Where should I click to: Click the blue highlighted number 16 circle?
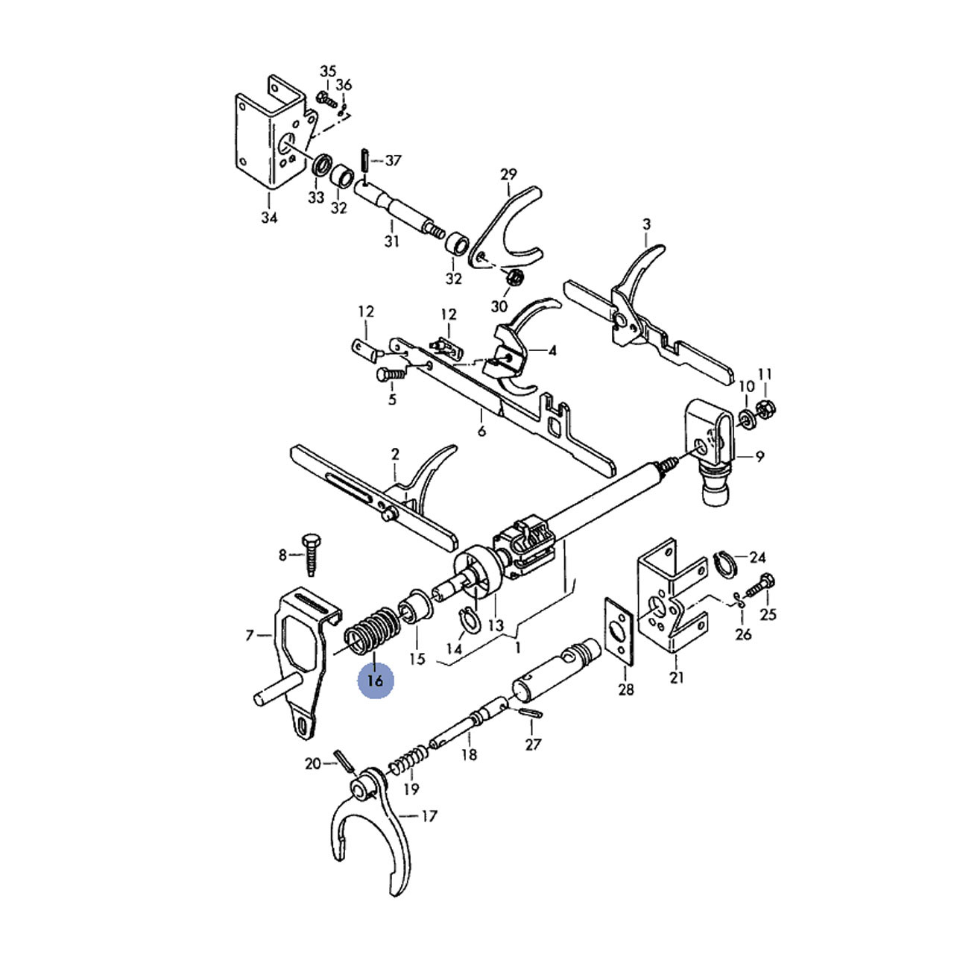(375, 680)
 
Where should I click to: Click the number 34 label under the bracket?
(269, 218)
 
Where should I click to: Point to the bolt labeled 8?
(310, 555)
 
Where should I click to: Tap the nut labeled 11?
(764, 408)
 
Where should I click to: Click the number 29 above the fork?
(508, 174)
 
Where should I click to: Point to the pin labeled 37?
(364, 159)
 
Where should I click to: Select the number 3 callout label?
(646, 224)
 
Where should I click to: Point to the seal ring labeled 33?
(322, 165)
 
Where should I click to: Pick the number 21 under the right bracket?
(677, 677)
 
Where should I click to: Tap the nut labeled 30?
(514, 277)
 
